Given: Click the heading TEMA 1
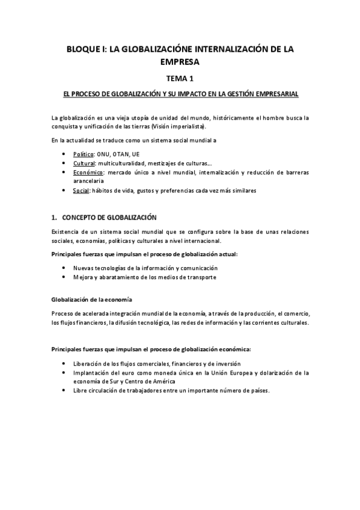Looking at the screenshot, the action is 180,78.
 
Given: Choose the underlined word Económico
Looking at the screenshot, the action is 88,172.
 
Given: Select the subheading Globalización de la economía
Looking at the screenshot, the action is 92,299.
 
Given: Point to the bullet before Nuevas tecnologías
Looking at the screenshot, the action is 64,268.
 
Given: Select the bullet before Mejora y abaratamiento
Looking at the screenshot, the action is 64,277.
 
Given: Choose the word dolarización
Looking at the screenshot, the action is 279,373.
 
